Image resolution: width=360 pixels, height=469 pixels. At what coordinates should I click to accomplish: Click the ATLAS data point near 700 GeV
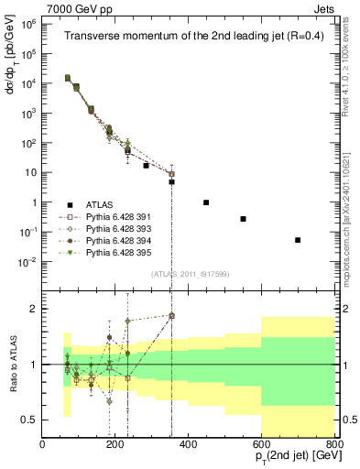(298, 240)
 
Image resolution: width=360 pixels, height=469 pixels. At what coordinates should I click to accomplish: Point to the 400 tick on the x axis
(189, 445)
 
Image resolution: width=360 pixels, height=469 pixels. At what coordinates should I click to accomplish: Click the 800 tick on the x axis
(333, 445)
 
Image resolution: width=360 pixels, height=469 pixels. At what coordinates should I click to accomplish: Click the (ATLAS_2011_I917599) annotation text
(190, 274)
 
